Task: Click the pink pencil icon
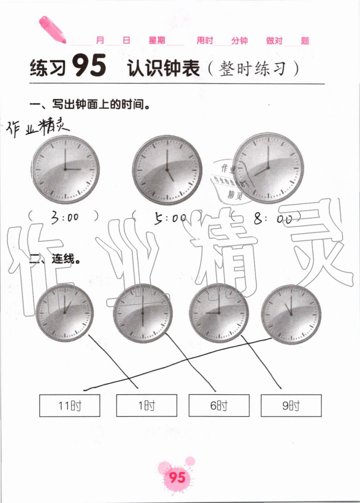click(52, 30)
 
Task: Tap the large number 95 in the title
click(89, 65)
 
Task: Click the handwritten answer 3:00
click(64, 217)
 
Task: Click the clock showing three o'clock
click(65, 169)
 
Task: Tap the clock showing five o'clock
click(167, 169)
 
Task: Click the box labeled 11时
click(69, 405)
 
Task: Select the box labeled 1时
click(147, 405)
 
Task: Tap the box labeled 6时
click(219, 405)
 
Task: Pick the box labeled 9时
click(291, 405)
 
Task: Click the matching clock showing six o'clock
click(143, 313)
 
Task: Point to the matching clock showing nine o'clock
click(219, 313)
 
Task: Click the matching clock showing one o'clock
click(64, 313)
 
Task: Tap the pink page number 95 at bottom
click(177, 477)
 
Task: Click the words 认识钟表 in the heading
click(163, 68)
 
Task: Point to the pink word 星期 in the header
click(157, 40)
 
